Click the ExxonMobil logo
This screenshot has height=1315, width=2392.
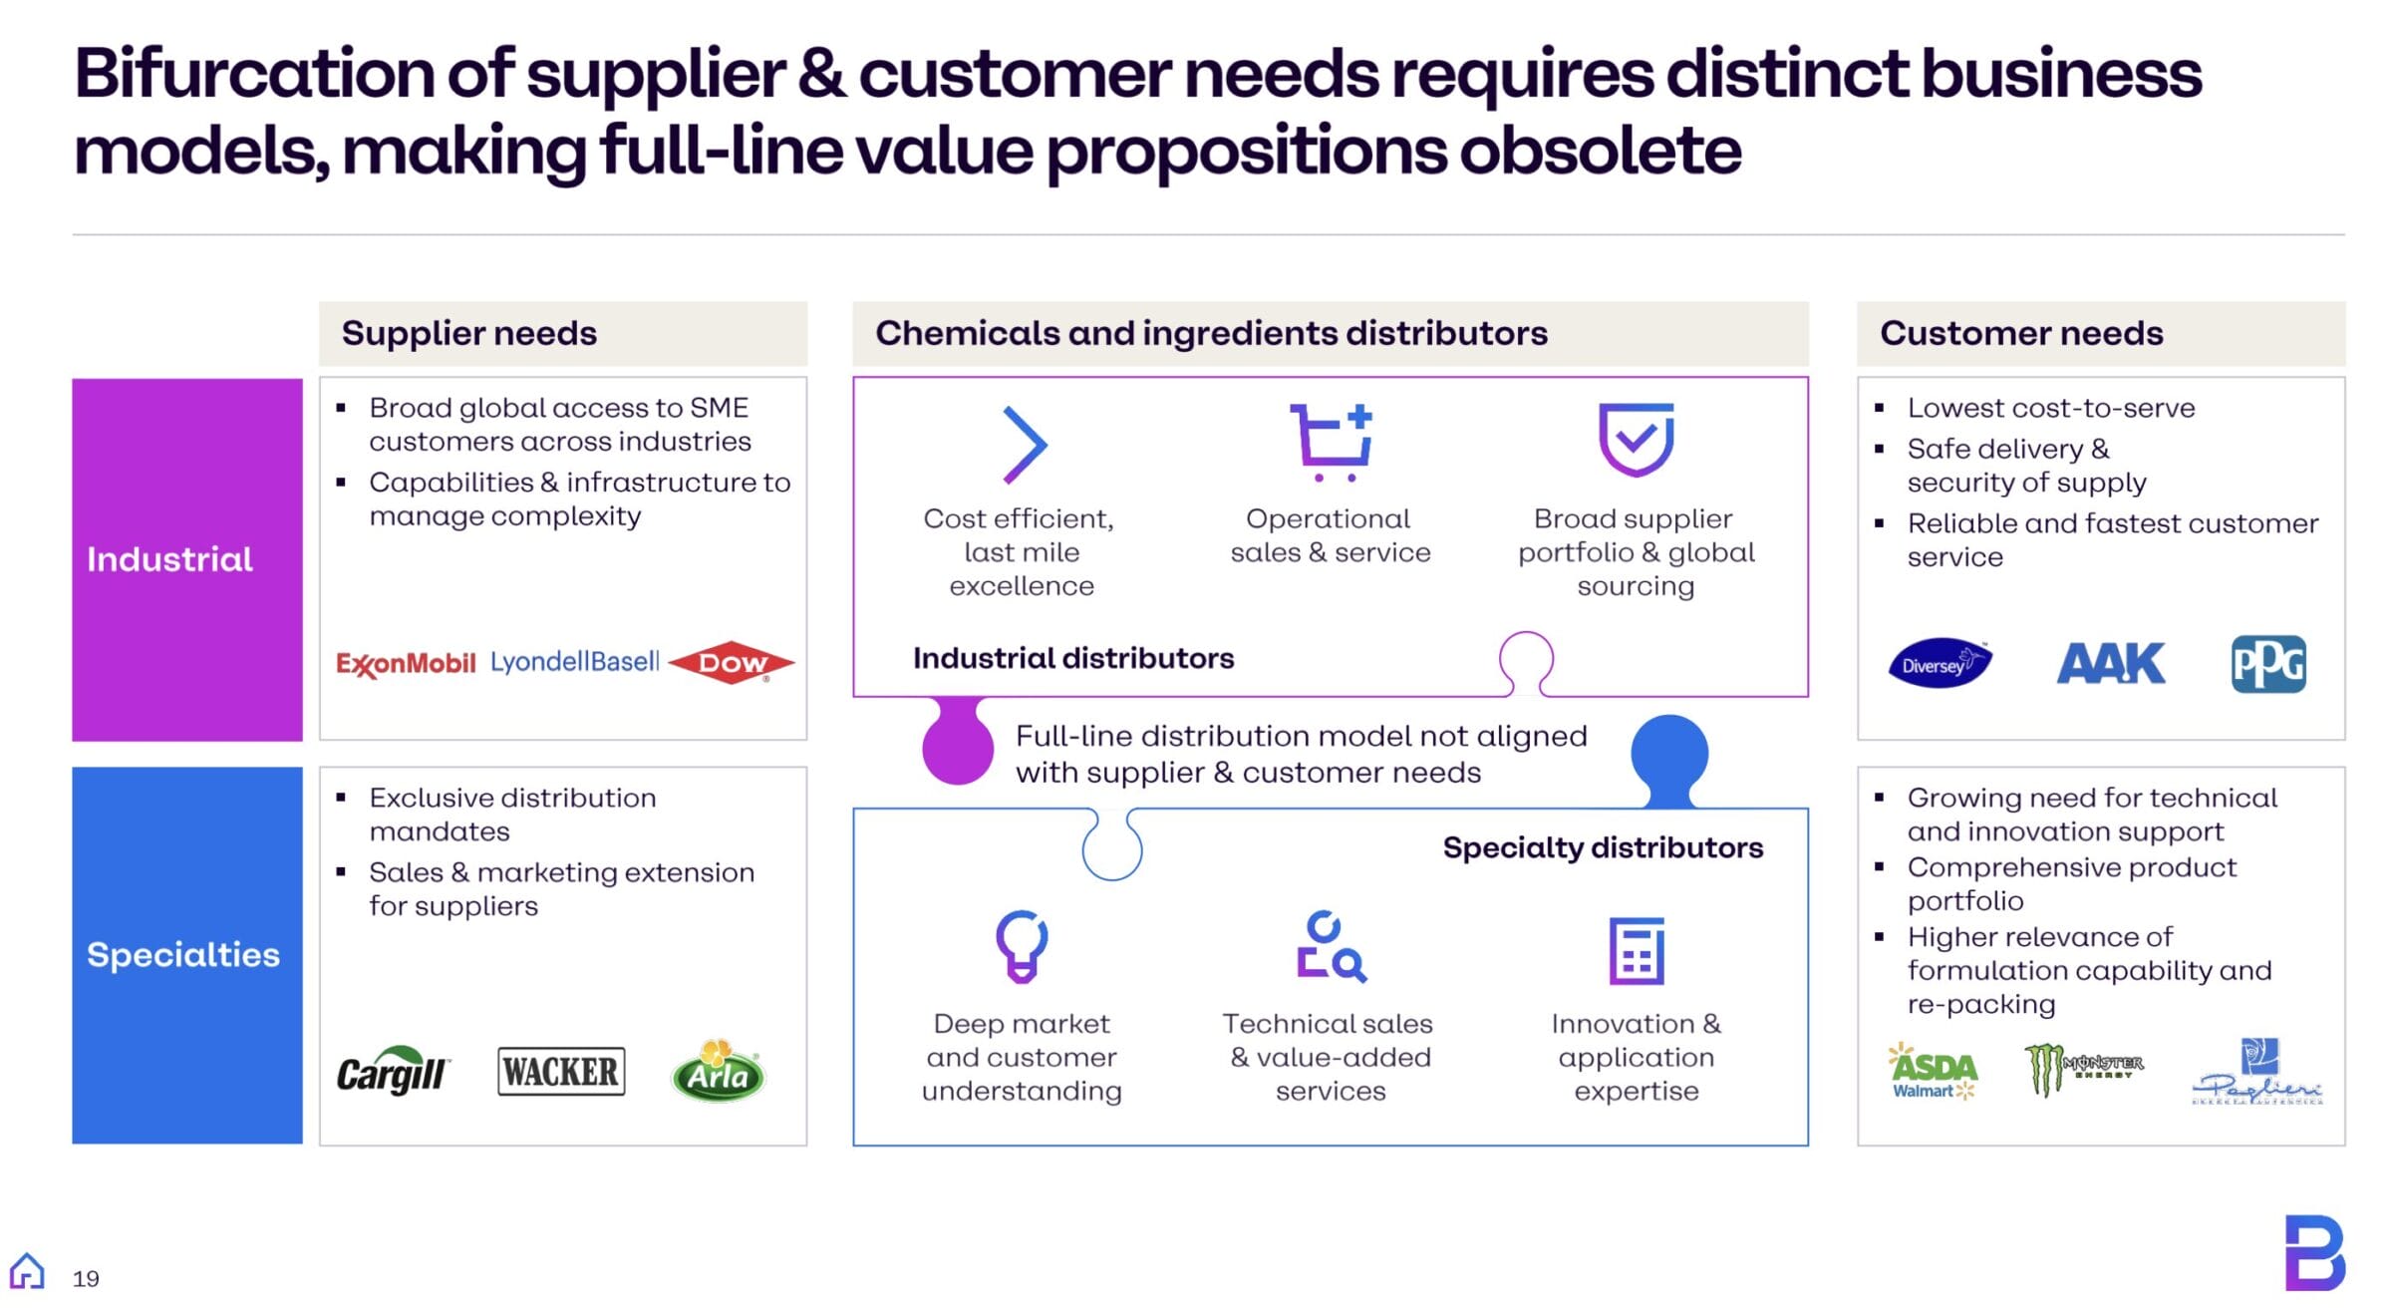pos(406,663)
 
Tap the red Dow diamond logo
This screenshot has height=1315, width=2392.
pos(732,662)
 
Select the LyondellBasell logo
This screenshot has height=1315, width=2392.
pos(574,661)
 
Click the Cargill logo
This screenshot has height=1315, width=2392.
pos(393,1072)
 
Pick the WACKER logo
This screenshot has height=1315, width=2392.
pos(561,1072)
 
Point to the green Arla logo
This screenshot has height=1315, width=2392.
pos(718,1071)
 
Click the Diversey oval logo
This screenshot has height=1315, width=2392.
pos(1939,663)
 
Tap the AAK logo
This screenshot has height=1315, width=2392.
pos(2110,663)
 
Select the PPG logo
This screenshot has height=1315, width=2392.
pos(2267,664)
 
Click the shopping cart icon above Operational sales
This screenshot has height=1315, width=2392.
pos(1332,442)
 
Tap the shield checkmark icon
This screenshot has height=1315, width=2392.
pos(1636,440)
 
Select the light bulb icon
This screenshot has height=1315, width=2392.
pos(1022,945)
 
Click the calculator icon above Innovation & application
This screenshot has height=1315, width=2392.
pos(1636,950)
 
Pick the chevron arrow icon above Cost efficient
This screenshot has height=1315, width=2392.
pos(1024,445)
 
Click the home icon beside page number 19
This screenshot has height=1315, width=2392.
pos(27,1271)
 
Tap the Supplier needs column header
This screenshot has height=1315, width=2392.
pos(469,333)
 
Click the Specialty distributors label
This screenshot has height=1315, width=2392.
pos(1602,847)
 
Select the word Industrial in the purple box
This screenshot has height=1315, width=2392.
pos(169,559)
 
